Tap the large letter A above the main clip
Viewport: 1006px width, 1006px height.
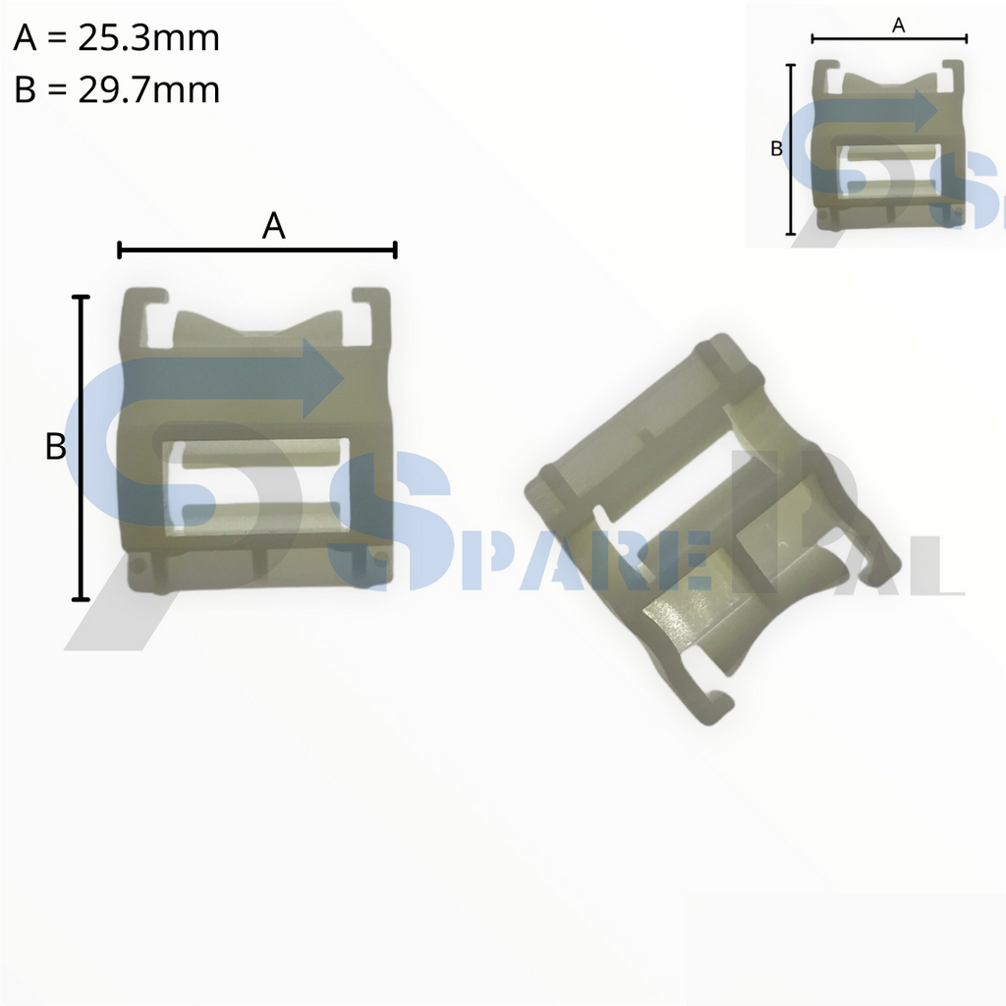click(273, 227)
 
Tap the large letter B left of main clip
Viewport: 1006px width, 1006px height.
click(56, 447)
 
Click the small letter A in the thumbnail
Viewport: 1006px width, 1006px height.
click(897, 27)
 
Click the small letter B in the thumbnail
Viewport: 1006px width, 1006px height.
click(775, 149)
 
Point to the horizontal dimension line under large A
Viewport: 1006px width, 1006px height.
click(256, 251)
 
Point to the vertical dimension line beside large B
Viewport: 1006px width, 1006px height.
click(82, 447)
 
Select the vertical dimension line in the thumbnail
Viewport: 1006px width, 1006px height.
click(791, 149)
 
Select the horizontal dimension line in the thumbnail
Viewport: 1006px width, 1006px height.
click(889, 39)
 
